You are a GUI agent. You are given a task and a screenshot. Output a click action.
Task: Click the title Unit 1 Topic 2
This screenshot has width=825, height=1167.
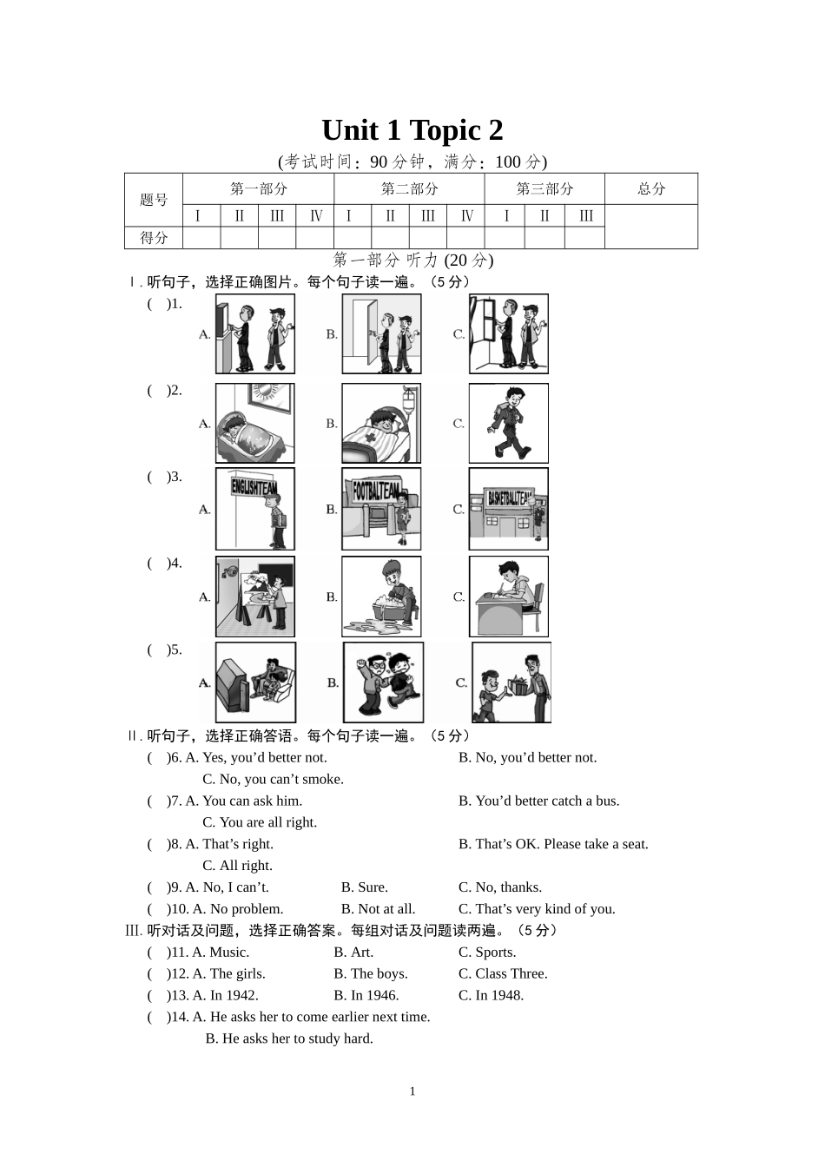pyautogui.click(x=412, y=130)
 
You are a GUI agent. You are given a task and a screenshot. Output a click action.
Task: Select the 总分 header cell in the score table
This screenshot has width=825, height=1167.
pyautogui.click(x=651, y=189)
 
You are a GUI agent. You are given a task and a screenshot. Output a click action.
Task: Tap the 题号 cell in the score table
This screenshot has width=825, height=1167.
pyautogui.click(x=154, y=200)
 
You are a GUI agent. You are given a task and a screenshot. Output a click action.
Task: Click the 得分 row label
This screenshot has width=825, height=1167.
pyautogui.click(x=154, y=238)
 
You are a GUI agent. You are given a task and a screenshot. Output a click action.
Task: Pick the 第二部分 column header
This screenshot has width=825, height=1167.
pyautogui.click(x=409, y=189)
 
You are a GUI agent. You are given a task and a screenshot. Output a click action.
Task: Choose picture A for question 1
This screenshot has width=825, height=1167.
pyautogui.click(x=255, y=333)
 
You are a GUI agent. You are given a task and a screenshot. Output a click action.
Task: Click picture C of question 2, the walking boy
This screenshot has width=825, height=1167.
pyautogui.click(x=509, y=424)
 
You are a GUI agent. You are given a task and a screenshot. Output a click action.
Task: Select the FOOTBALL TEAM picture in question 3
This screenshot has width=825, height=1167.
pyautogui.click(x=381, y=509)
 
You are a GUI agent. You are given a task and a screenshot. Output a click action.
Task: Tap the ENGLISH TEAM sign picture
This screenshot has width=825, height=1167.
pyautogui.click(x=255, y=509)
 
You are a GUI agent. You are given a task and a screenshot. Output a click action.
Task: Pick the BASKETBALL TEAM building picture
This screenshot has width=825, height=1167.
pyautogui.click(x=509, y=509)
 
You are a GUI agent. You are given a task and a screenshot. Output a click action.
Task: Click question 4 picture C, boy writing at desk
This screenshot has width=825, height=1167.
pyautogui.click(x=509, y=597)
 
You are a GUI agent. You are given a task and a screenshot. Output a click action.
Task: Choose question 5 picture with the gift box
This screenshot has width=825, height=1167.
pyautogui.click(x=511, y=682)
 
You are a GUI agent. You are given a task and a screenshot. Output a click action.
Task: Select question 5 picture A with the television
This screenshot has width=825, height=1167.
pyautogui.click(x=255, y=682)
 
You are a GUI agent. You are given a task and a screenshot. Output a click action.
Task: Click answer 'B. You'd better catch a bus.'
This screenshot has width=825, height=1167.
pyautogui.click(x=538, y=801)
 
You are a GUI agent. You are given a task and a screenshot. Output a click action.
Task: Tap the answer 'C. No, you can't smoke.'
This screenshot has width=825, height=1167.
pyautogui.click(x=273, y=779)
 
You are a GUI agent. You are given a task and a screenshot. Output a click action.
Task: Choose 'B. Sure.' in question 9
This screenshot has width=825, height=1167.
pyautogui.click(x=365, y=887)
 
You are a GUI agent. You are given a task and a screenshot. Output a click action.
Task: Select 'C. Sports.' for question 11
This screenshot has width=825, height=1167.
pyautogui.click(x=487, y=952)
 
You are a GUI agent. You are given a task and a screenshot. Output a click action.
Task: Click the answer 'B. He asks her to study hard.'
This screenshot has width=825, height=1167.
pyautogui.click(x=289, y=1038)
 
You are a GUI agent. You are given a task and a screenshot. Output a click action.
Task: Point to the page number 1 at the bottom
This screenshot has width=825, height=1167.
pyautogui.click(x=412, y=1091)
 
